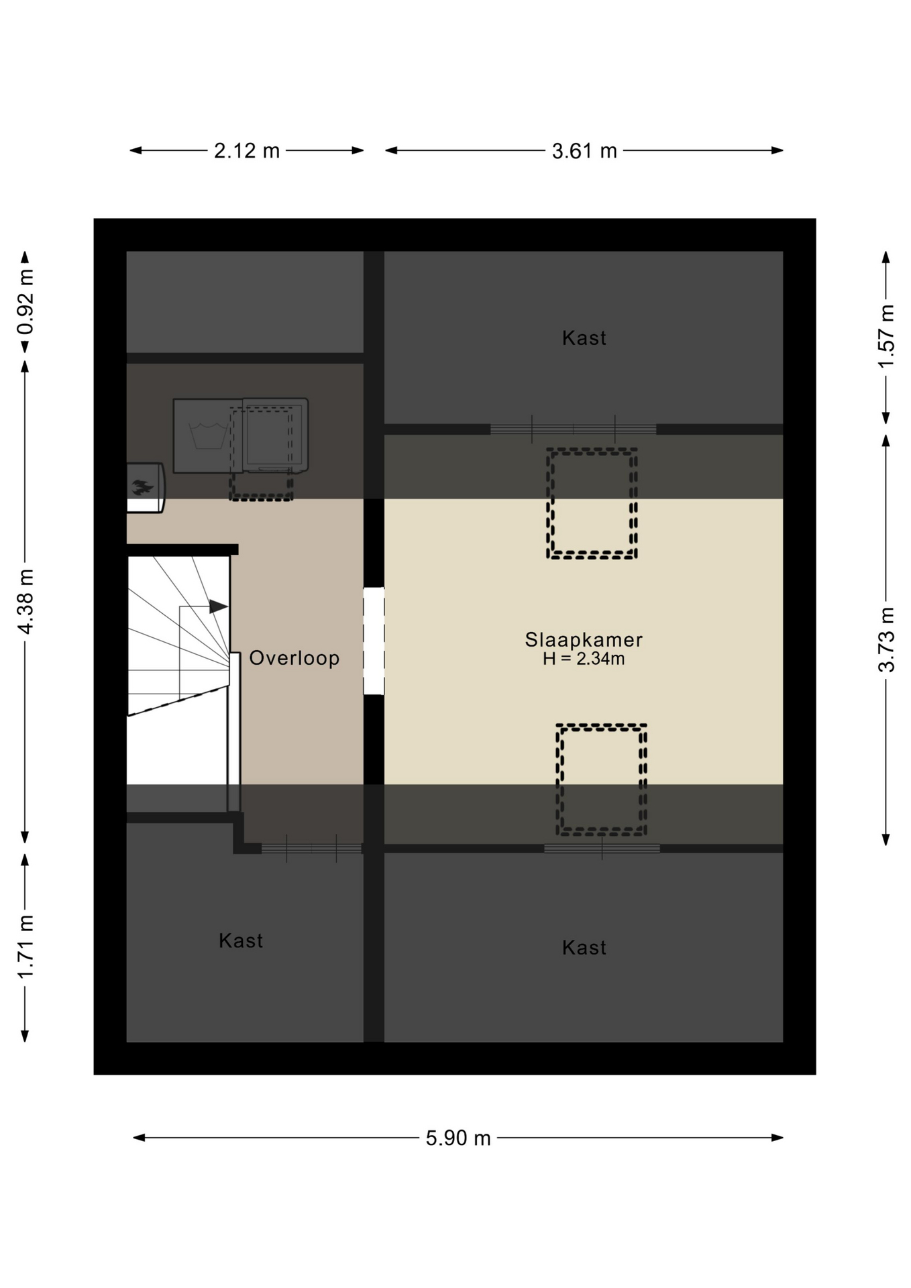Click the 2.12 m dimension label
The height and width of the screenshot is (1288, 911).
[247, 151]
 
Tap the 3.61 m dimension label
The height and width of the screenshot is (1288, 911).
[584, 151]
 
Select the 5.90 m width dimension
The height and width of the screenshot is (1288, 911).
[458, 1138]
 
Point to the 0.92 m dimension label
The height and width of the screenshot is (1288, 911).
[25, 302]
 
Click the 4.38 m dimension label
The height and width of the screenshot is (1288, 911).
[25, 601]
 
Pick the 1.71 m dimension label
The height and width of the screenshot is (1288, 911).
[25, 947]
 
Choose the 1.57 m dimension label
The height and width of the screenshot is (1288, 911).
[887, 336]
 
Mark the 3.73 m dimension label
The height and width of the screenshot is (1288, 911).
[887, 639]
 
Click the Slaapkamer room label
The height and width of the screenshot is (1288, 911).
[584, 640]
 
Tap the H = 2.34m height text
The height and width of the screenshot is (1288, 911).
[584, 659]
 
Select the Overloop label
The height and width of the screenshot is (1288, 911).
[294, 658]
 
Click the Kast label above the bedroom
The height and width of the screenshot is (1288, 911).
[584, 337]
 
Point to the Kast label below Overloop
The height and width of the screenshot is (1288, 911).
[241, 941]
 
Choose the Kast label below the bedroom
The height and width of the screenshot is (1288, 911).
[584, 947]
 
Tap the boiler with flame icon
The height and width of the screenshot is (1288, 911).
[145, 488]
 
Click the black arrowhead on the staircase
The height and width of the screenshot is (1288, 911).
[219, 606]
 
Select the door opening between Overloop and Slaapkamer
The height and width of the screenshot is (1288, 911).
[374, 641]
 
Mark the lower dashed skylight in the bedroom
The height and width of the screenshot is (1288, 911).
[602, 780]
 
